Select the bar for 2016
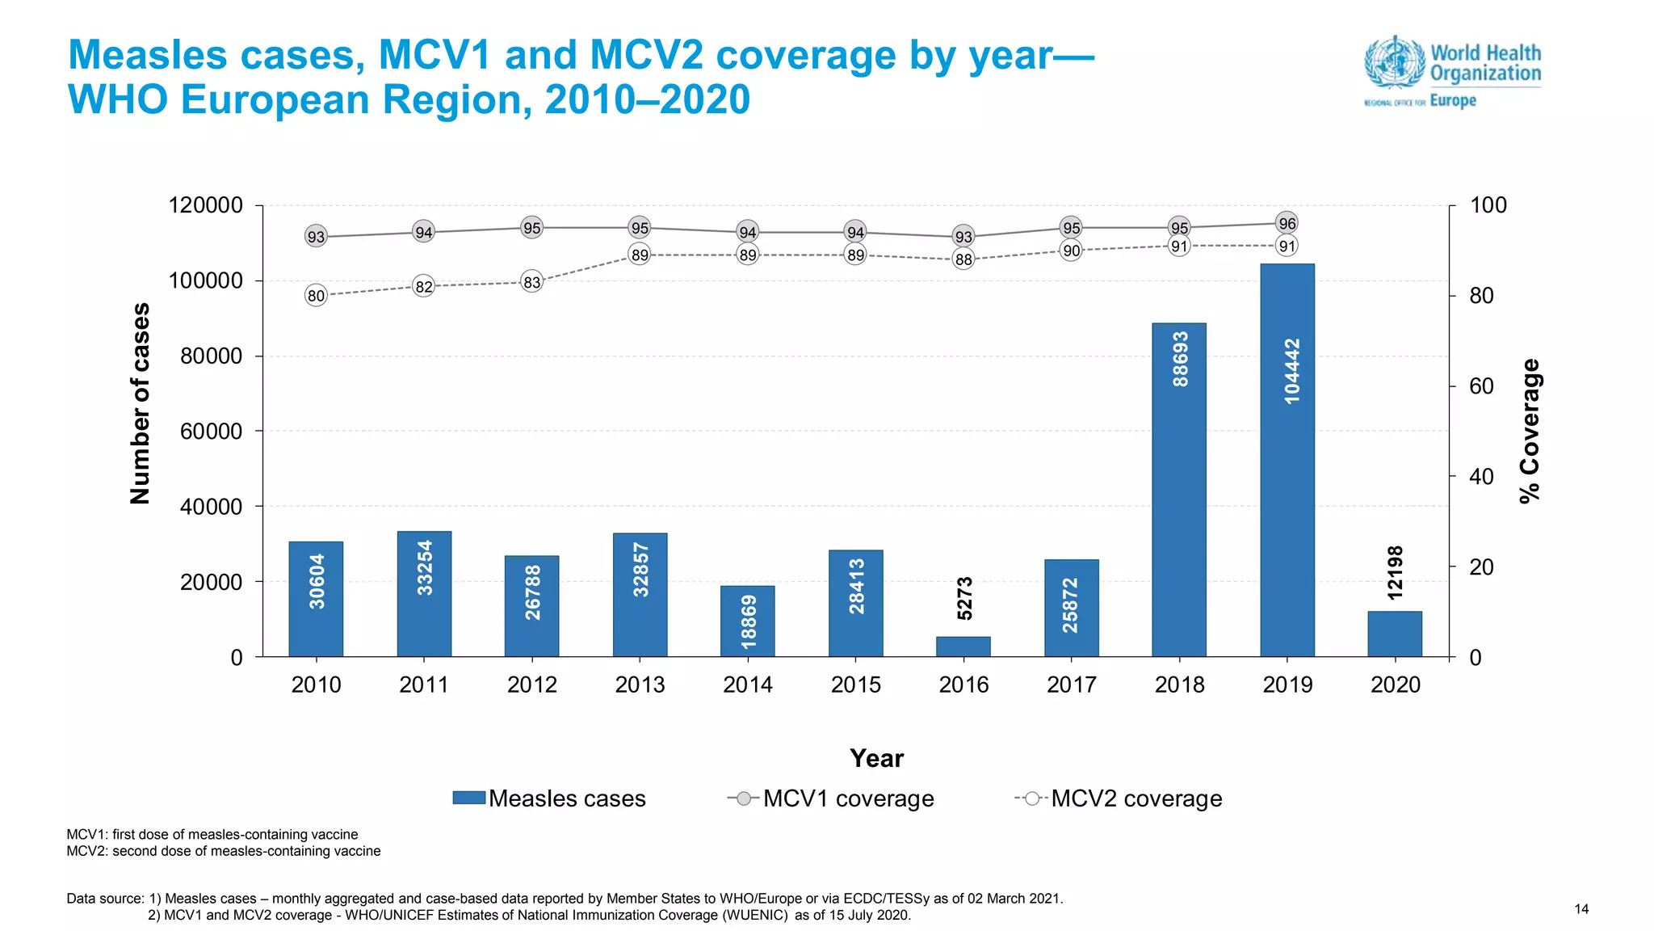click(x=963, y=647)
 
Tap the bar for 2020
click(x=1395, y=634)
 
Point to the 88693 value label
click(x=1180, y=359)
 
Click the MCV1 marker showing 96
click(x=1287, y=223)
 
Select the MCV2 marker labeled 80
click(x=316, y=296)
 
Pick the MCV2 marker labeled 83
click(x=531, y=282)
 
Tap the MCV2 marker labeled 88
click(x=963, y=259)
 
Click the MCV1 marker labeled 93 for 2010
click(x=316, y=237)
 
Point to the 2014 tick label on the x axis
click(x=747, y=685)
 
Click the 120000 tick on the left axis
click(x=205, y=205)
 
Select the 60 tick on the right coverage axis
click(x=1481, y=386)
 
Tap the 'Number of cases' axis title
click(x=141, y=403)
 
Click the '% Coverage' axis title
click(x=1529, y=431)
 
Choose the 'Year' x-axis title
click(x=876, y=758)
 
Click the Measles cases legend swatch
click(x=468, y=798)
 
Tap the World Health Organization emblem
click(x=1394, y=61)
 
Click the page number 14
click(x=1581, y=909)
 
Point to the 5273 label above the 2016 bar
click(x=964, y=598)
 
